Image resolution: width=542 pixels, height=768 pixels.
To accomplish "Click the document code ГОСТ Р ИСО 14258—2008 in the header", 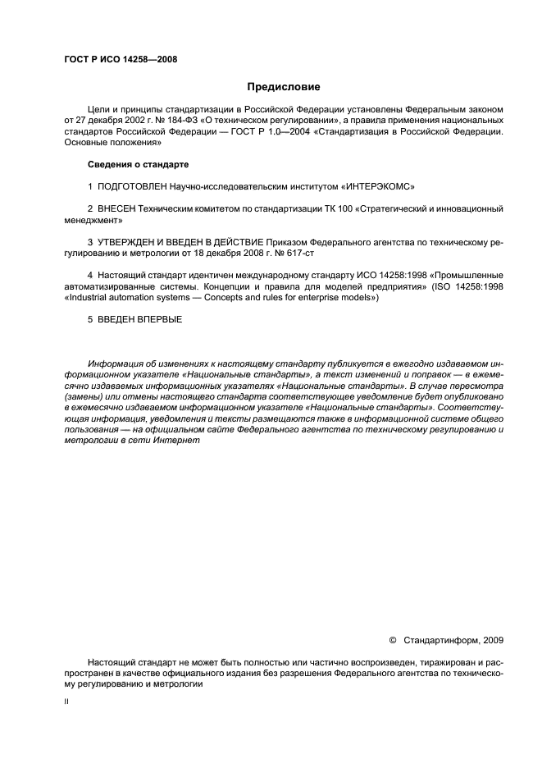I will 120,59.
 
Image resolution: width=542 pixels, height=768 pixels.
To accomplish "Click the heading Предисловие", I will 284,86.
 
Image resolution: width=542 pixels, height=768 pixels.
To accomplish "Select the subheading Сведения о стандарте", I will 126,165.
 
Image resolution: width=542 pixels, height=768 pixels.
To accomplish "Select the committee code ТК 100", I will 324,209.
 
